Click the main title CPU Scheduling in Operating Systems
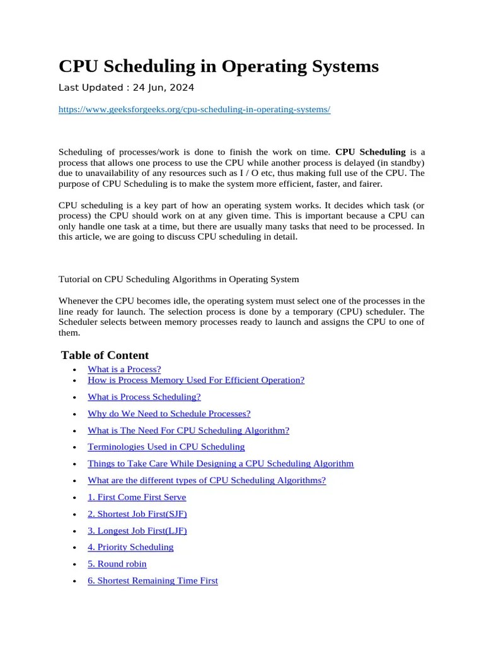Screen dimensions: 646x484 pos(218,66)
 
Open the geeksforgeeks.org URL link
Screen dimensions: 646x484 pos(194,109)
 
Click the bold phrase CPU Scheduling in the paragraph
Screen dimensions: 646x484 pos(370,151)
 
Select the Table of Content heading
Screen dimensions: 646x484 pos(105,355)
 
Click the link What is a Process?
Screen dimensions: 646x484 pos(124,369)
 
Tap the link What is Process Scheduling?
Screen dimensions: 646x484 pos(144,397)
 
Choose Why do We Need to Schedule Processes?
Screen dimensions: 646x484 pos(169,413)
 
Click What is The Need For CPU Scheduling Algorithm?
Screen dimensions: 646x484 pos(188,430)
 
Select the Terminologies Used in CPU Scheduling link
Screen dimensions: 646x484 pos(166,447)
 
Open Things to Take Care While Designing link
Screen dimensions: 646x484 pos(221,463)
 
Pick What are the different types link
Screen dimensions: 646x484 pos(207,480)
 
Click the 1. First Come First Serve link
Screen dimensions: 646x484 pos(137,497)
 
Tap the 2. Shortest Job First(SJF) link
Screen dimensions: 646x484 pos(137,514)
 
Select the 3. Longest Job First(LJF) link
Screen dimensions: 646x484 pos(137,531)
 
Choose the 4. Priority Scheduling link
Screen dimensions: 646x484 pos(130,547)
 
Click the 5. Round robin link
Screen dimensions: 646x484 pos(117,564)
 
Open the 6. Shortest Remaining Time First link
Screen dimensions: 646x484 pos(153,580)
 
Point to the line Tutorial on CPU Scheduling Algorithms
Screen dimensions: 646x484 pos(178,279)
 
